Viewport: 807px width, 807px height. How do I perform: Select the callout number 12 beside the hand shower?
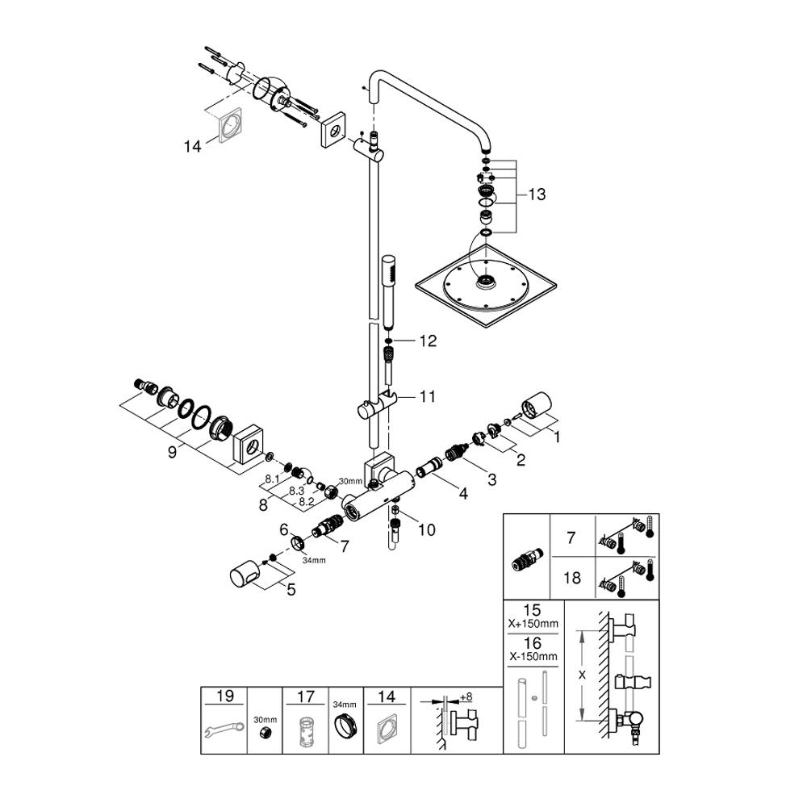(427, 341)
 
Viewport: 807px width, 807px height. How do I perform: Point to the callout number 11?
(427, 396)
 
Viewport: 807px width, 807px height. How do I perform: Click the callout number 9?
(172, 453)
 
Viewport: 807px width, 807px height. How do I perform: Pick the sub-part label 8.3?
(295, 490)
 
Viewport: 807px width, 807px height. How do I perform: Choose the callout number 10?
(426, 529)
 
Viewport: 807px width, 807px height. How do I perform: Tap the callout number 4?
(462, 493)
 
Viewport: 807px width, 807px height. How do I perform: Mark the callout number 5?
(291, 590)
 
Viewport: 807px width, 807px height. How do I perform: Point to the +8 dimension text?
(465, 696)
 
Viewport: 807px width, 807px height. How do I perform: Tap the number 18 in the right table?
(571, 578)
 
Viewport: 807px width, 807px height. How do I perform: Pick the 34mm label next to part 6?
(314, 560)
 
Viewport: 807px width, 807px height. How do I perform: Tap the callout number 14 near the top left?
(193, 146)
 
